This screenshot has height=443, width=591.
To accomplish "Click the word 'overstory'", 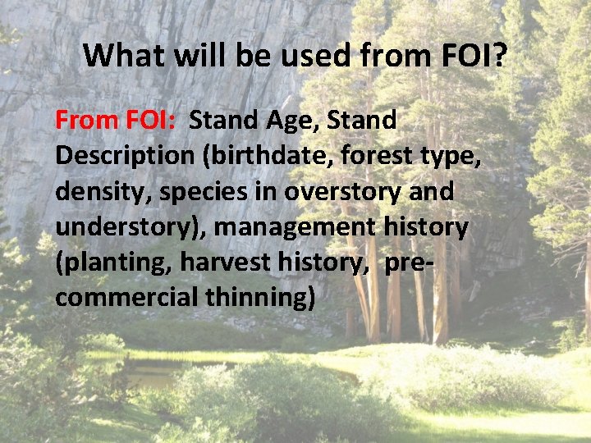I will pyautogui.click(x=337, y=191).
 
